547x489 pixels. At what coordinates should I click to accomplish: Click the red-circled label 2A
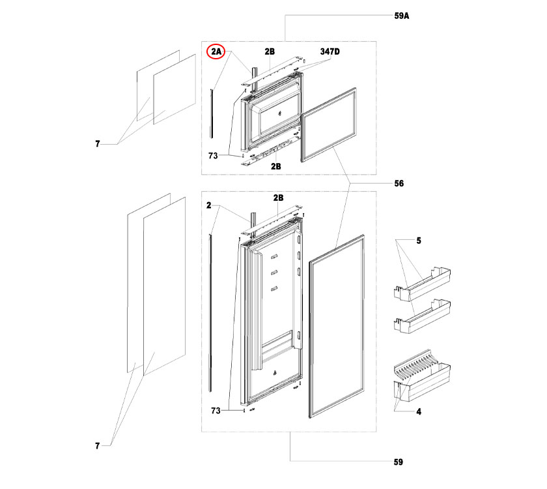coord(216,51)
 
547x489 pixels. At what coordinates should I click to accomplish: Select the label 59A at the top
coord(402,18)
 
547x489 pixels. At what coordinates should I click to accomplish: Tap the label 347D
coord(330,51)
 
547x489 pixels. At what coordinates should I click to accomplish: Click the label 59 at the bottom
coord(399,463)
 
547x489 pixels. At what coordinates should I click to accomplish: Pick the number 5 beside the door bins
coord(419,241)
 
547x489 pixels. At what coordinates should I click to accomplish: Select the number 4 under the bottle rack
coord(419,411)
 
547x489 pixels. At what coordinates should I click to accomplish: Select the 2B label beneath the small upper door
coord(276,166)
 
